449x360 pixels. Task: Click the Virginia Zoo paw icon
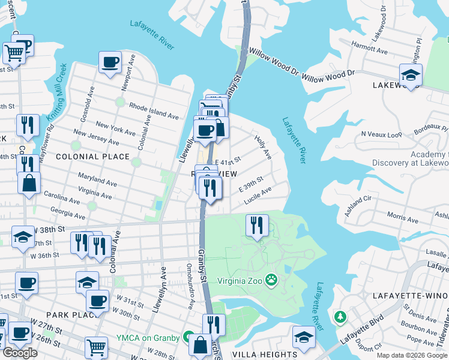[272, 279]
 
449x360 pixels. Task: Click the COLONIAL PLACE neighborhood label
[92, 157]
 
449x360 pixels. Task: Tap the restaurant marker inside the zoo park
[257, 226]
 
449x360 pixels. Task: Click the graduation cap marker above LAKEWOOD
[411, 76]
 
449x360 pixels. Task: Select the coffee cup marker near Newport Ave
[110, 62]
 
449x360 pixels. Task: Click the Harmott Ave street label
[371, 46]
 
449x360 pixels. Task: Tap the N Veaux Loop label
[381, 134]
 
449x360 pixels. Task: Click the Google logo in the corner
[20, 353]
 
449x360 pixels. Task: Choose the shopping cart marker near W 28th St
[96, 346]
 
